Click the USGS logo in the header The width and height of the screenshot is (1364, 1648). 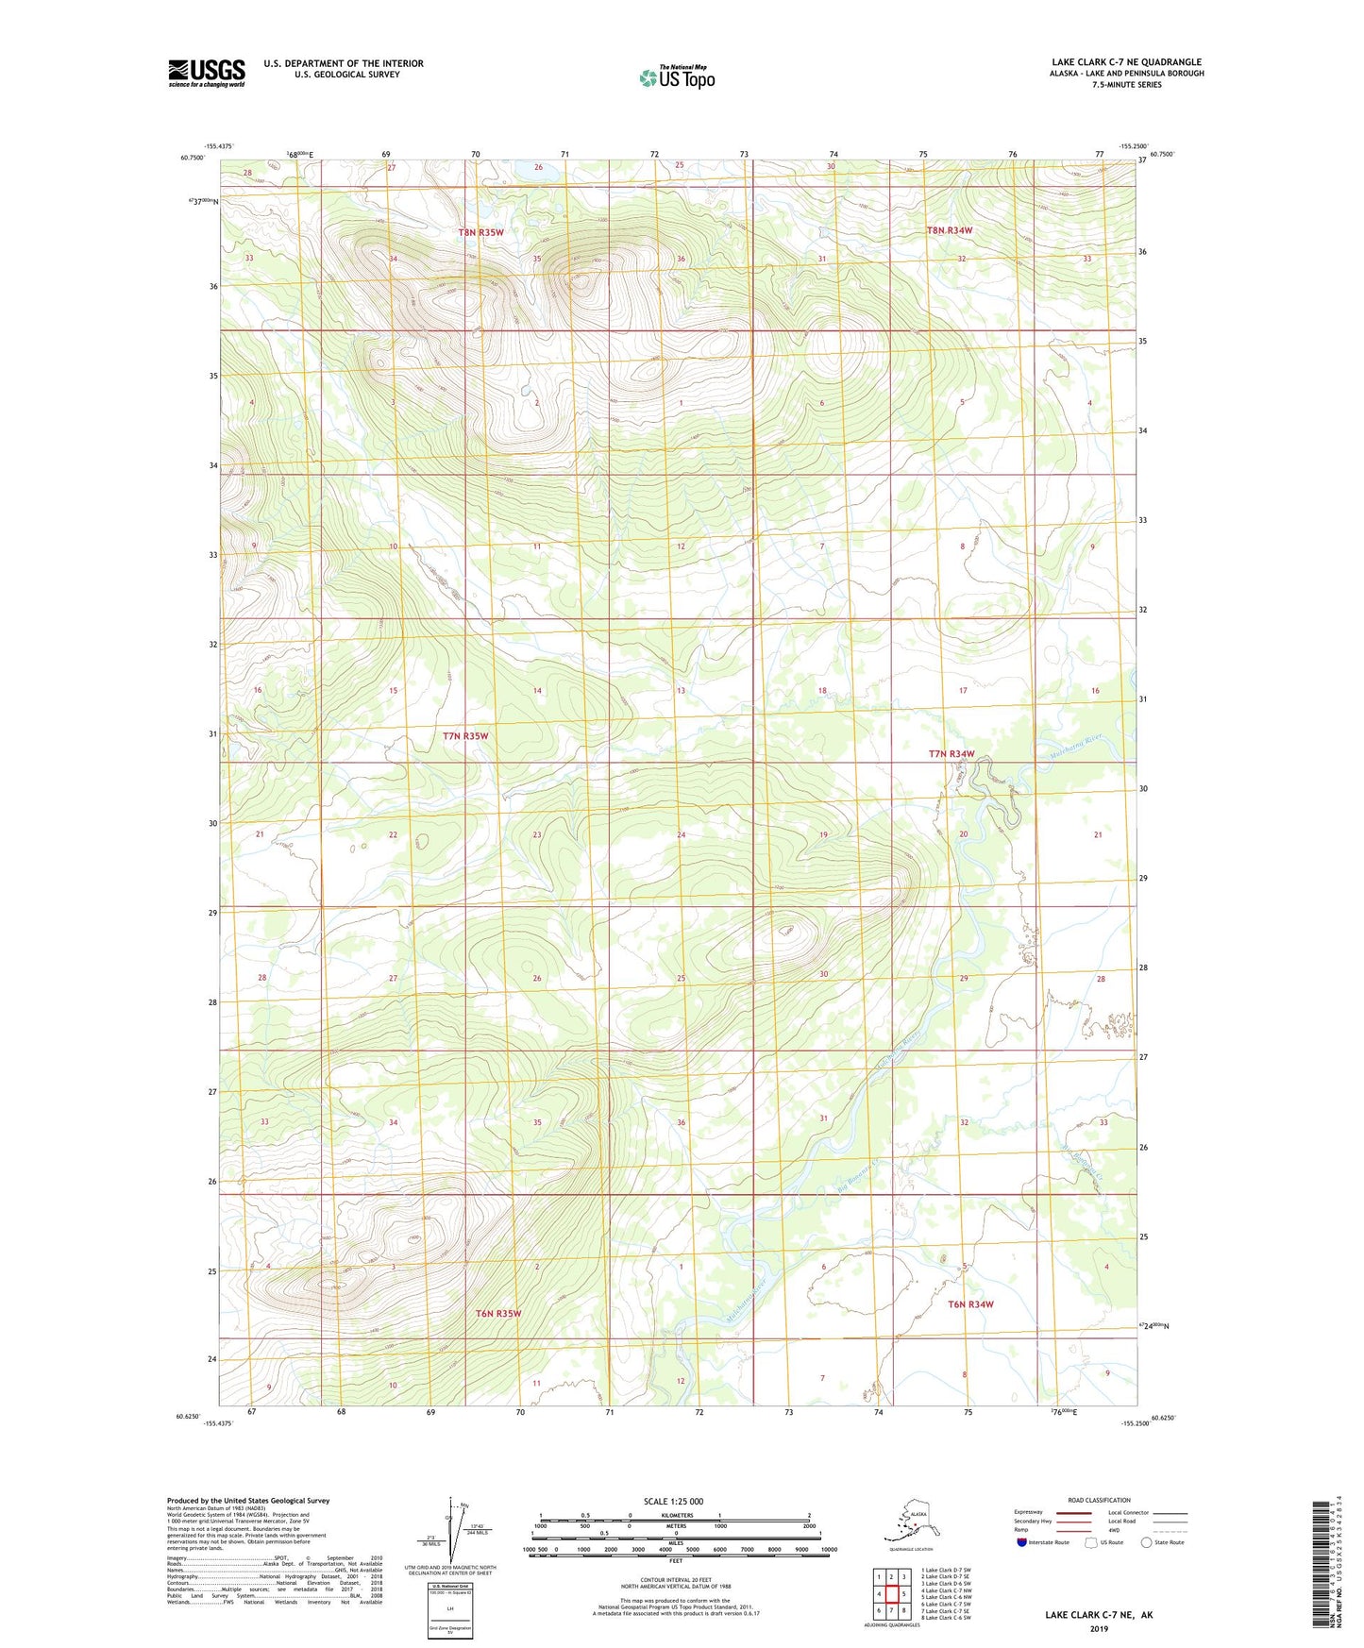click(207, 73)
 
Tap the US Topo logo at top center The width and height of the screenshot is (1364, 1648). click(676, 77)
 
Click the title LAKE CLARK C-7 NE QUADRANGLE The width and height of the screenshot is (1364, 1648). click(1126, 62)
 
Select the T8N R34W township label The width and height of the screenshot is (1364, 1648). click(949, 230)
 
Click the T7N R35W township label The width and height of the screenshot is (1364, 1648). click(465, 736)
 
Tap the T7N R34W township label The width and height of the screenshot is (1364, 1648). click(951, 754)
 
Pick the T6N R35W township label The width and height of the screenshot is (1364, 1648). click(497, 1313)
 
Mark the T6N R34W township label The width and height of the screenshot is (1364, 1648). click(970, 1304)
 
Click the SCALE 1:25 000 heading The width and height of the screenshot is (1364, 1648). click(673, 1501)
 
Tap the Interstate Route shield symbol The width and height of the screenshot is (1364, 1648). click(1021, 1542)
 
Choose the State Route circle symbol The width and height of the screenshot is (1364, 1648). click(1147, 1542)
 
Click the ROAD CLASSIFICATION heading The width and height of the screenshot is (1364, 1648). click(1099, 1500)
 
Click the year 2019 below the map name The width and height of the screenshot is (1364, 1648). click(1098, 1628)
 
